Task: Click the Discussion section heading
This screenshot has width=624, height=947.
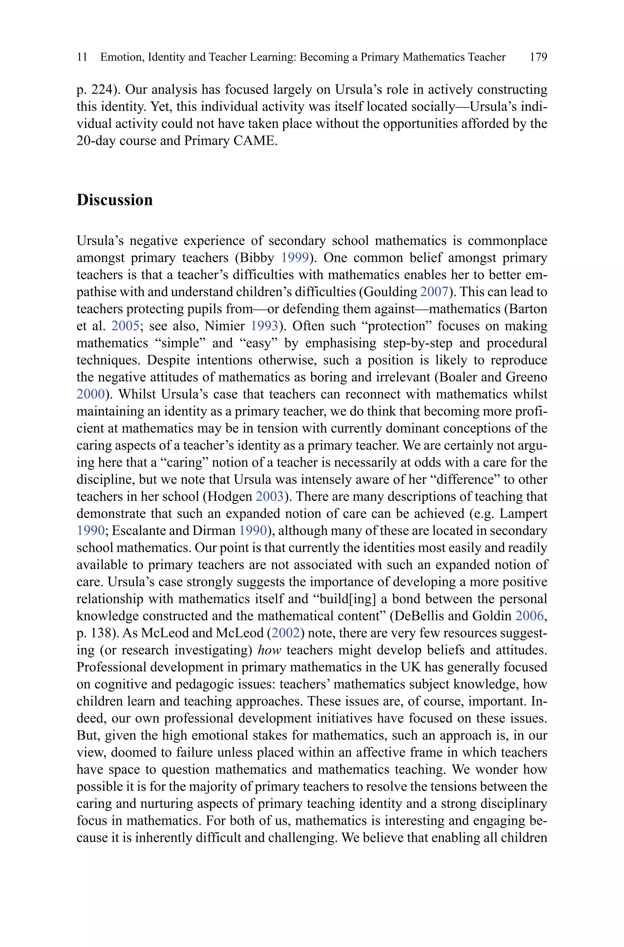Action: coord(115,200)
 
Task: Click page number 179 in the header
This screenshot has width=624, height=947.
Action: coord(538,57)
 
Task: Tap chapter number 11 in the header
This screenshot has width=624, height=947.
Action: coord(82,57)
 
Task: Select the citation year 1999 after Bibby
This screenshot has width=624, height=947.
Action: coord(295,258)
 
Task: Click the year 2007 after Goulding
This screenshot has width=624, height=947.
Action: coord(434,292)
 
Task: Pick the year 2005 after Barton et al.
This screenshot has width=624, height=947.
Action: coord(125,326)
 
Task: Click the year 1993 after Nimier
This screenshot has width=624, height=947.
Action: coord(264,326)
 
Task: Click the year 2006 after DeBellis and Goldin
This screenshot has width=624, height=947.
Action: coord(529,616)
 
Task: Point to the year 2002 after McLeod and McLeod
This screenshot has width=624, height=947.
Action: coord(285,633)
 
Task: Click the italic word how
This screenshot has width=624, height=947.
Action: coord(269,650)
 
